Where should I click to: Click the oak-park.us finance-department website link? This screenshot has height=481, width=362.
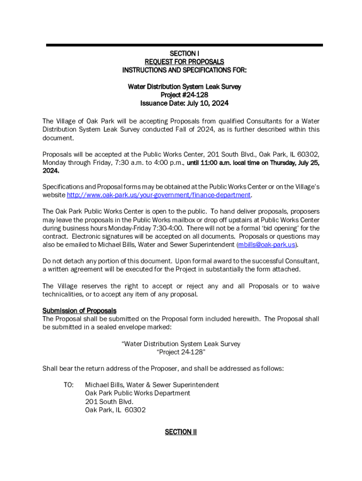[158, 195]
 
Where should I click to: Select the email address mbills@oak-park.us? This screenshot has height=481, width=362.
[267, 245]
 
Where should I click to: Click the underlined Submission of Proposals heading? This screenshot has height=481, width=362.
[79, 310]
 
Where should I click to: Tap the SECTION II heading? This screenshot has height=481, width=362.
[181, 432]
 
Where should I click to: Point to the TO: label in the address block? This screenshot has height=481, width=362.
[69, 385]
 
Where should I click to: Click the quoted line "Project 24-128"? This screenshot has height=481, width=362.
[181, 352]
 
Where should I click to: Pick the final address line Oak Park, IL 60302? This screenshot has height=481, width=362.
[115, 410]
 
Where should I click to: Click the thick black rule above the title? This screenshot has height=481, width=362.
[184, 45]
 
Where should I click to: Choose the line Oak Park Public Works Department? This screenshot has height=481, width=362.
[137, 393]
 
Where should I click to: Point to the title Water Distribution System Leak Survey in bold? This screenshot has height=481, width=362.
[184, 86]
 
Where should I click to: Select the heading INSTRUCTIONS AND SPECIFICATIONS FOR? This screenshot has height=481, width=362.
[184, 70]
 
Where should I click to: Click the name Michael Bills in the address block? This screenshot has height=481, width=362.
[105, 385]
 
